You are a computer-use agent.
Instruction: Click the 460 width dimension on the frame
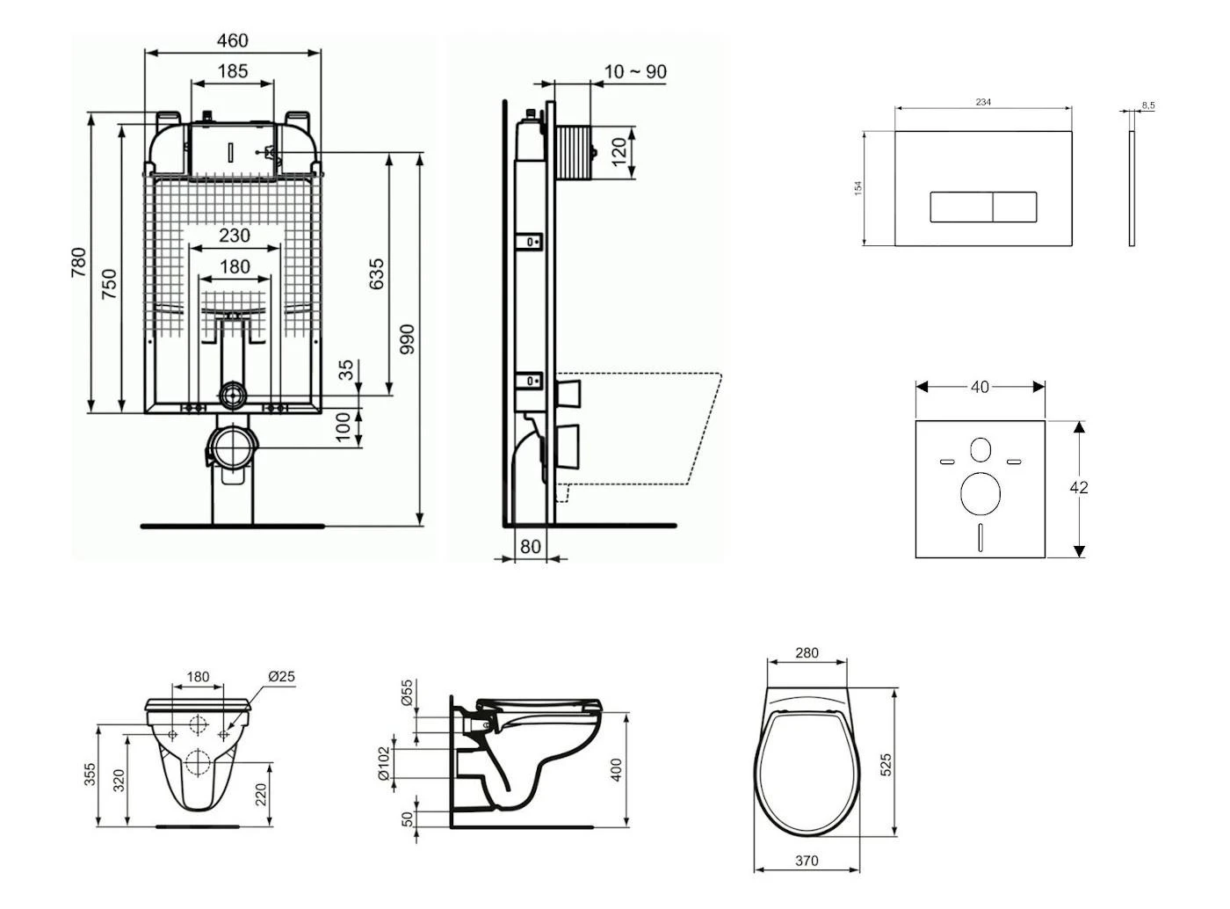[x=232, y=40]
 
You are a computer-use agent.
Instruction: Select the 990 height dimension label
[x=407, y=340]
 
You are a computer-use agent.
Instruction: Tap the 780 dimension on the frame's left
[x=78, y=263]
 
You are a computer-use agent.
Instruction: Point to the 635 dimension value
[x=377, y=274]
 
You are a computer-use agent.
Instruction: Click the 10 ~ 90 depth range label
[x=635, y=72]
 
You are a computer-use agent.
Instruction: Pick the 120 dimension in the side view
[x=619, y=152]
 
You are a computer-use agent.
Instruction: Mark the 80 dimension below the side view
[x=531, y=547]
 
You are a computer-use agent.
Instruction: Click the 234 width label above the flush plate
[x=983, y=103]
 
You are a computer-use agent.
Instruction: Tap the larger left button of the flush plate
[x=961, y=207]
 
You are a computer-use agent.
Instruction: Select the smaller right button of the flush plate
[x=1015, y=207]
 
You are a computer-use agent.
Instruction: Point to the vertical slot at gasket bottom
[x=980, y=536]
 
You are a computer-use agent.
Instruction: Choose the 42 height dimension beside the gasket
[x=1079, y=488]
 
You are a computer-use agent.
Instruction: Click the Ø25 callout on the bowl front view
[x=281, y=677]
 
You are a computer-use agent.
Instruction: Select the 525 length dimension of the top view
[x=886, y=763]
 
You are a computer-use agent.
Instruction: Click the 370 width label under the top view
[x=807, y=862]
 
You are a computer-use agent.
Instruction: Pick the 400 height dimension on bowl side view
[x=617, y=770]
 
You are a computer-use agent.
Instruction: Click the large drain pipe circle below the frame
[x=233, y=447]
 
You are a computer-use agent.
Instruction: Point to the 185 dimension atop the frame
[x=232, y=71]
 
